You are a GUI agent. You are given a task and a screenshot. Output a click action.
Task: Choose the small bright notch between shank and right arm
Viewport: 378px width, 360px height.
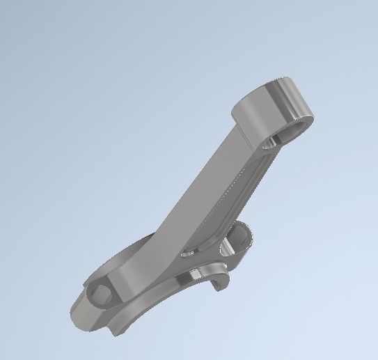188,254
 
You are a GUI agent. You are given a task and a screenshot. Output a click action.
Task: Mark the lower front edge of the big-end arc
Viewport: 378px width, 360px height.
139,313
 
